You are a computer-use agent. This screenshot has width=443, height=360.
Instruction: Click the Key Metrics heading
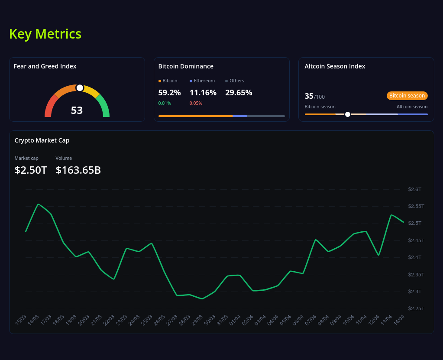pos(45,34)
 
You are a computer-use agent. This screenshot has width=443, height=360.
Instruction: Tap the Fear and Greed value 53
pos(77,110)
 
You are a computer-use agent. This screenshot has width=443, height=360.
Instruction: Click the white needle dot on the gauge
pos(80,88)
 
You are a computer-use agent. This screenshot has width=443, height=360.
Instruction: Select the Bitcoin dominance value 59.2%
pos(169,92)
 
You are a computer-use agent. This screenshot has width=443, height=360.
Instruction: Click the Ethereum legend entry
pos(202,81)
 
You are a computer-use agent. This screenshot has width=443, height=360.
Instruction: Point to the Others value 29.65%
pos(239,92)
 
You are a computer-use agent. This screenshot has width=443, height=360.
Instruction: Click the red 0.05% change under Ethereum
pos(196,103)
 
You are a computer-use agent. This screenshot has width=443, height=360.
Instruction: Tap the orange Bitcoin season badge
pos(407,96)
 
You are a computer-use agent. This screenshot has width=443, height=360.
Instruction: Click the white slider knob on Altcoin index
pos(347,114)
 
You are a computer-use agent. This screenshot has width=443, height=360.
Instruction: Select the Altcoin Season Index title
pos(335,66)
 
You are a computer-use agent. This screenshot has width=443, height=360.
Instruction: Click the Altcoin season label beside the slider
pos(412,107)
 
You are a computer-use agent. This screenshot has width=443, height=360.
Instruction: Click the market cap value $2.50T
pos(31,170)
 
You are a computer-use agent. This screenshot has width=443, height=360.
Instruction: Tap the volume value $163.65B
pos(78,170)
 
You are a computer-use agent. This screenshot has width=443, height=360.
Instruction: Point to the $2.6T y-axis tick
pos(414,189)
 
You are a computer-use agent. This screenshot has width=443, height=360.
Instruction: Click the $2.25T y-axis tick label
pos(416,308)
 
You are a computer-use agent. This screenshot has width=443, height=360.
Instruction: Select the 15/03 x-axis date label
pos(21,320)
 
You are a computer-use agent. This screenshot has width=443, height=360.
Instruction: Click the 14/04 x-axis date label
pos(399,320)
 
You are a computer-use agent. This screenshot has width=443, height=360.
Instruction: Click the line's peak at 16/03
pos(39,204)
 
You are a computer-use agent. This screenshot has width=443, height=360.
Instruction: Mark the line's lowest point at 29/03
pos(202,298)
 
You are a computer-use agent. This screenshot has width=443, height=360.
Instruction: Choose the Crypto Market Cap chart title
pos(42,140)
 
